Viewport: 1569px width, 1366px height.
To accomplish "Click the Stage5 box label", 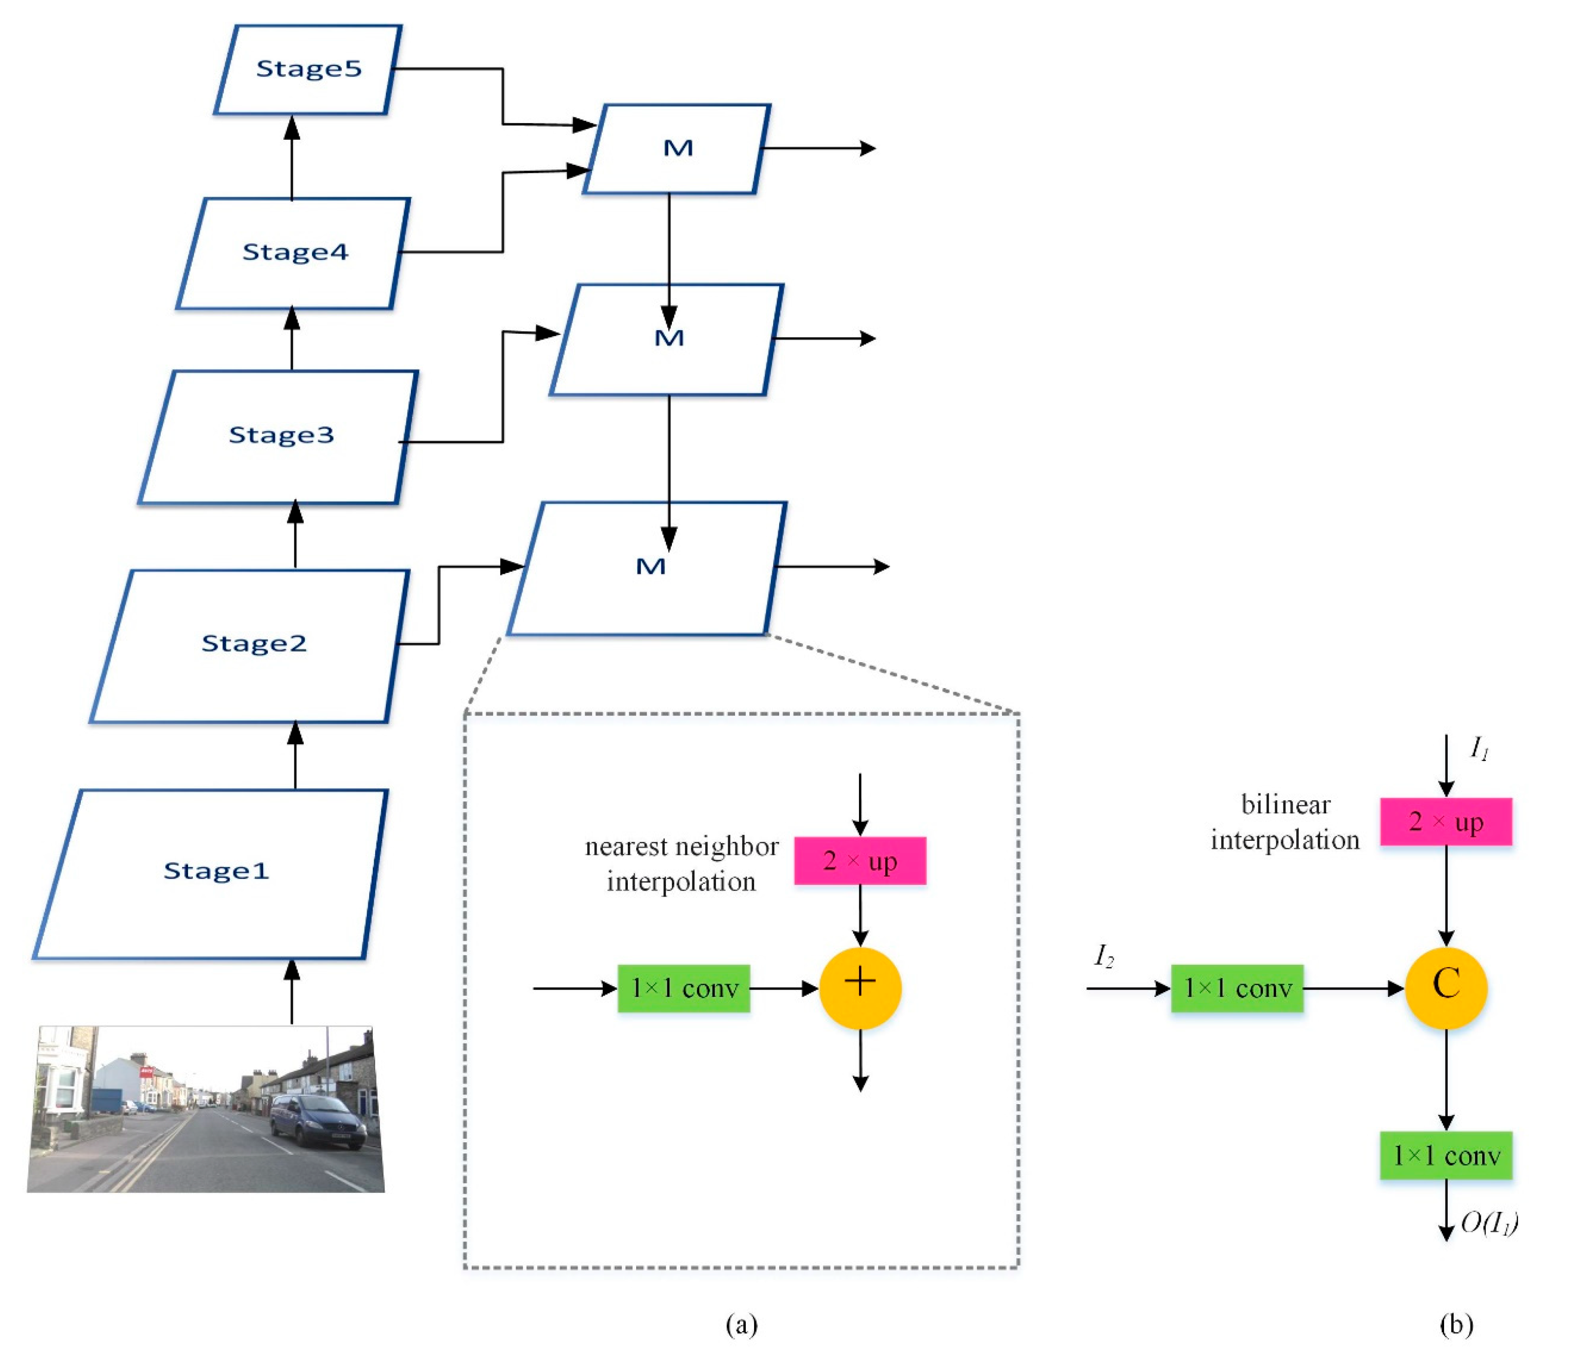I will coord(308,69).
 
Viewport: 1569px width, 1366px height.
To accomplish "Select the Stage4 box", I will coord(294,252).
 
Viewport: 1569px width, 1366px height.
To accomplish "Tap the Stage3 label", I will coord(281,435).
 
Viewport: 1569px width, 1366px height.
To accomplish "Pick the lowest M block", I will coord(650,567).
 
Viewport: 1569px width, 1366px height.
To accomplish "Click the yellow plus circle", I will coord(860,989).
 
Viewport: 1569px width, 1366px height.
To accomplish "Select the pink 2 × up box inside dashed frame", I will coord(860,861).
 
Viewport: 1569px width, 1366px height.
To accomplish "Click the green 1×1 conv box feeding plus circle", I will coord(684,989).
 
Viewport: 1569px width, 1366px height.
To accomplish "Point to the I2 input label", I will coord(1104,955).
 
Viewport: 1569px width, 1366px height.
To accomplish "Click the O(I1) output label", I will coord(1488,1223).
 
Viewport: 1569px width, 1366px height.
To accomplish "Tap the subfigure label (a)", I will coord(741,1325).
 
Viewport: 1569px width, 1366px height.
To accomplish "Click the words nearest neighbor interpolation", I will coord(681,865).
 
